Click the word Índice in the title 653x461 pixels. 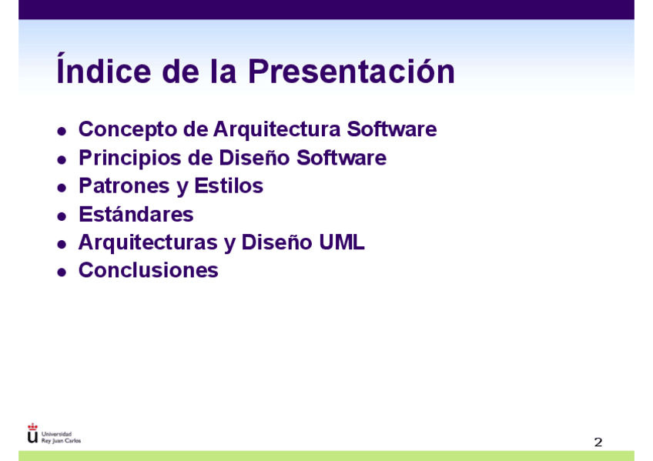click(x=104, y=68)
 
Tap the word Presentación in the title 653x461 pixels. click(x=351, y=71)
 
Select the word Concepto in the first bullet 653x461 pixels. click(x=128, y=130)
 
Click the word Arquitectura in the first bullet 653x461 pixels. click(x=277, y=130)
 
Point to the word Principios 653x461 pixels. click(x=130, y=159)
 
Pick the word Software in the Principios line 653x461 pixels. click(x=341, y=158)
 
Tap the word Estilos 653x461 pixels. click(x=229, y=185)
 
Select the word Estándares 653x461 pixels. click(x=136, y=215)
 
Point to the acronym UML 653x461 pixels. click(x=341, y=242)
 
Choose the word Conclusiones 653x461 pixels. click(x=149, y=270)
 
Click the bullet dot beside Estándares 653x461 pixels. click(x=62, y=216)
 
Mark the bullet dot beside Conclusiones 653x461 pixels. click(x=62, y=272)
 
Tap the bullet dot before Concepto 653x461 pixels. click(x=62, y=132)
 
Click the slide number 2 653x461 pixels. click(x=598, y=442)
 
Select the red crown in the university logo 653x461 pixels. click(x=32, y=427)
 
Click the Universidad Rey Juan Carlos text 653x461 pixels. click(x=61, y=437)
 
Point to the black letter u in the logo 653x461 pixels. click(x=32, y=437)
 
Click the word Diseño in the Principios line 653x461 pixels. click(x=254, y=158)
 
